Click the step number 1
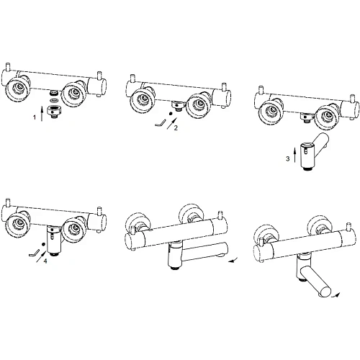click(35, 117)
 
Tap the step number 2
click(176, 128)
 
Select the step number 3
click(288, 158)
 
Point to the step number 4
click(45, 261)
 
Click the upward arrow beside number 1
click(42, 114)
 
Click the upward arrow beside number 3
click(295, 156)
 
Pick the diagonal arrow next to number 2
click(173, 123)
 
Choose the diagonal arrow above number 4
click(41, 256)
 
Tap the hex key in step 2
click(160, 122)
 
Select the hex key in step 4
click(34, 253)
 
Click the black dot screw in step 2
click(171, 113)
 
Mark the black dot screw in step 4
click(43, 244)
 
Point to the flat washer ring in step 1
click(55, 100)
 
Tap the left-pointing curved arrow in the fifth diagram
click(233, 260)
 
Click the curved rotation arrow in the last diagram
click(335, 295)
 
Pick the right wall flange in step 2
click(199, 104)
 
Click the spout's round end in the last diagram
click(324, 292)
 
